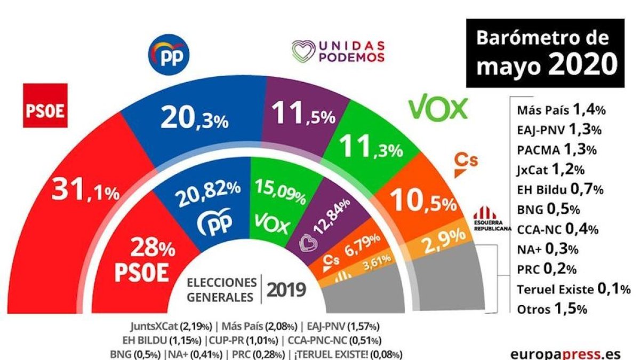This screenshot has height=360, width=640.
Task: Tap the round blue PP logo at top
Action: [169, 53]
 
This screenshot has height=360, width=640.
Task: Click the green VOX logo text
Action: [438, 108]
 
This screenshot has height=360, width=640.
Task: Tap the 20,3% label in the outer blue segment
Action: [195, 116]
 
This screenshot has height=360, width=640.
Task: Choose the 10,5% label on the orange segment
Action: [424, 201]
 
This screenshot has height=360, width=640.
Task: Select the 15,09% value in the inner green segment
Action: [281, 192]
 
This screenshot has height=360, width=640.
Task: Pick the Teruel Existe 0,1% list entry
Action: [574, 289]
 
